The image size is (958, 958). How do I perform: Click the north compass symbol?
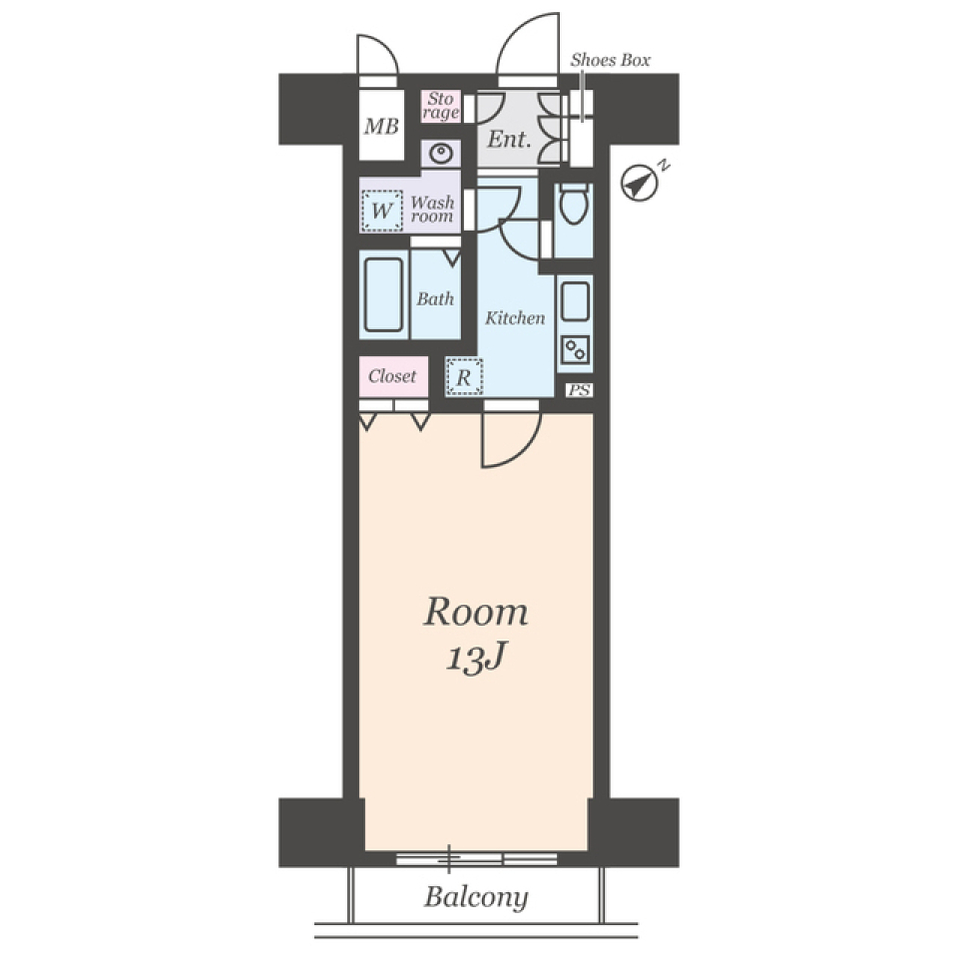pos(639,183)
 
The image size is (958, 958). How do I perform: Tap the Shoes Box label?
pos(610,60)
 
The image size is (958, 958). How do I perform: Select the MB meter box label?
pos(381,127)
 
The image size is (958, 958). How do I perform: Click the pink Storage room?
pos(440,107)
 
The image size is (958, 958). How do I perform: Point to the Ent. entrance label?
pos(509,140)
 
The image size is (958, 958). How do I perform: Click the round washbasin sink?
pos(440,154)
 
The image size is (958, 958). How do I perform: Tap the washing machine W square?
pos(382,211)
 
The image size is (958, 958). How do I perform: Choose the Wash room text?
pos(432,209)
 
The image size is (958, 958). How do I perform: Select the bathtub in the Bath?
pos(383,294)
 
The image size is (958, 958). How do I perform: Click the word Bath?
pos(435,298)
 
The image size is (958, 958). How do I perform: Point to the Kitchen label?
pos(515,317)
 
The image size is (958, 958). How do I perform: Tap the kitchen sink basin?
pos(575,300)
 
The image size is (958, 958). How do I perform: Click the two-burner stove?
pos(575,350)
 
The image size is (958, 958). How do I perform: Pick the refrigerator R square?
pos(464,377)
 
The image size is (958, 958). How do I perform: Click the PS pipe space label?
pos(579,390)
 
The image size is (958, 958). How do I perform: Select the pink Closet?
pos(393,376)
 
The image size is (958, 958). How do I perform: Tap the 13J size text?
pos(476,659)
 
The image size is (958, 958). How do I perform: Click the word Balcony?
pos(476,897)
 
